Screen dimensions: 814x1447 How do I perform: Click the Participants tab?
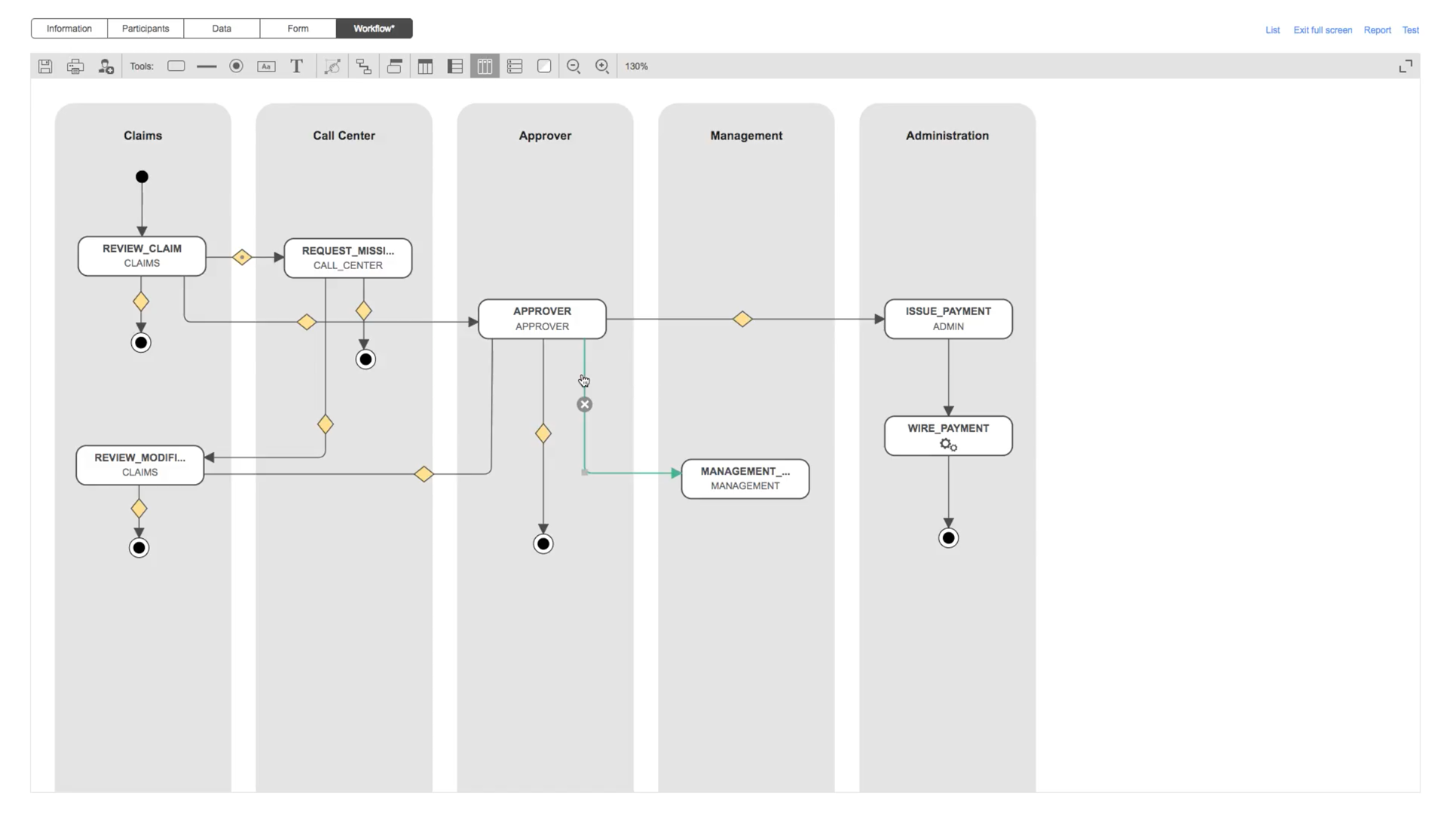click(145, 29)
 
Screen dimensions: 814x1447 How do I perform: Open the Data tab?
click(222, 29)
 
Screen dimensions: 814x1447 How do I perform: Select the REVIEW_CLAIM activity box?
click(142, 256)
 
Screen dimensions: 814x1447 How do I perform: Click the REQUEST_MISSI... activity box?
click(347, 259)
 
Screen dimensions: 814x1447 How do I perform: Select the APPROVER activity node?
click(542, 319)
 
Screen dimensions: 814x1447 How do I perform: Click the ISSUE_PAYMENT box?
click(948, 319)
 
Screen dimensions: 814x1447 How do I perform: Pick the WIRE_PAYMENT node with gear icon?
click(948, 436)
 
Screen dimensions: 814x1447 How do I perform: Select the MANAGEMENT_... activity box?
click(745, 479)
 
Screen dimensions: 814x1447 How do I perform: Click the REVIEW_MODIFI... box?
click(139, 465)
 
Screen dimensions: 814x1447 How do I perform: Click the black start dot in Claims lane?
click(142, 177)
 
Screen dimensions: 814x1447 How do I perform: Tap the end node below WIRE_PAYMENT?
click(948, 538)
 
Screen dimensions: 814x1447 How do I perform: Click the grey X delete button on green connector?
click(585, 405)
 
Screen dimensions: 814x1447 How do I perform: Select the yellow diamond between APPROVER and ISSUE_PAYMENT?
click(742, 320)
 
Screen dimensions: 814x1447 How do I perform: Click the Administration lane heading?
click(947, 136)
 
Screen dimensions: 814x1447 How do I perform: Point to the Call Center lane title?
click(344, 136)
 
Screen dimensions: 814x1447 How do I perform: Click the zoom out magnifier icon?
click(574, 66)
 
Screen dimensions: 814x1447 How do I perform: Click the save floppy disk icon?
click(45, 66)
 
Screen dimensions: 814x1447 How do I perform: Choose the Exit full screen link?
click(1322, 30)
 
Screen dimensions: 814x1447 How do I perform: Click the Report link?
click(1377, 30)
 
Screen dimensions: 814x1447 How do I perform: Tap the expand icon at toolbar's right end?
click(1406, 66)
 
